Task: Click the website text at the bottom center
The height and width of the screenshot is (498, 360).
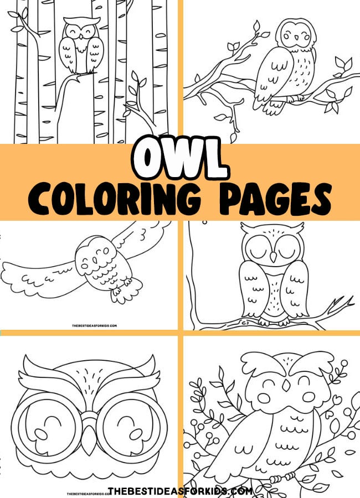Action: click(x=180, y=491)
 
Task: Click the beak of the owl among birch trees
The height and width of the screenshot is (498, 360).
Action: click(x=81, y=35)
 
